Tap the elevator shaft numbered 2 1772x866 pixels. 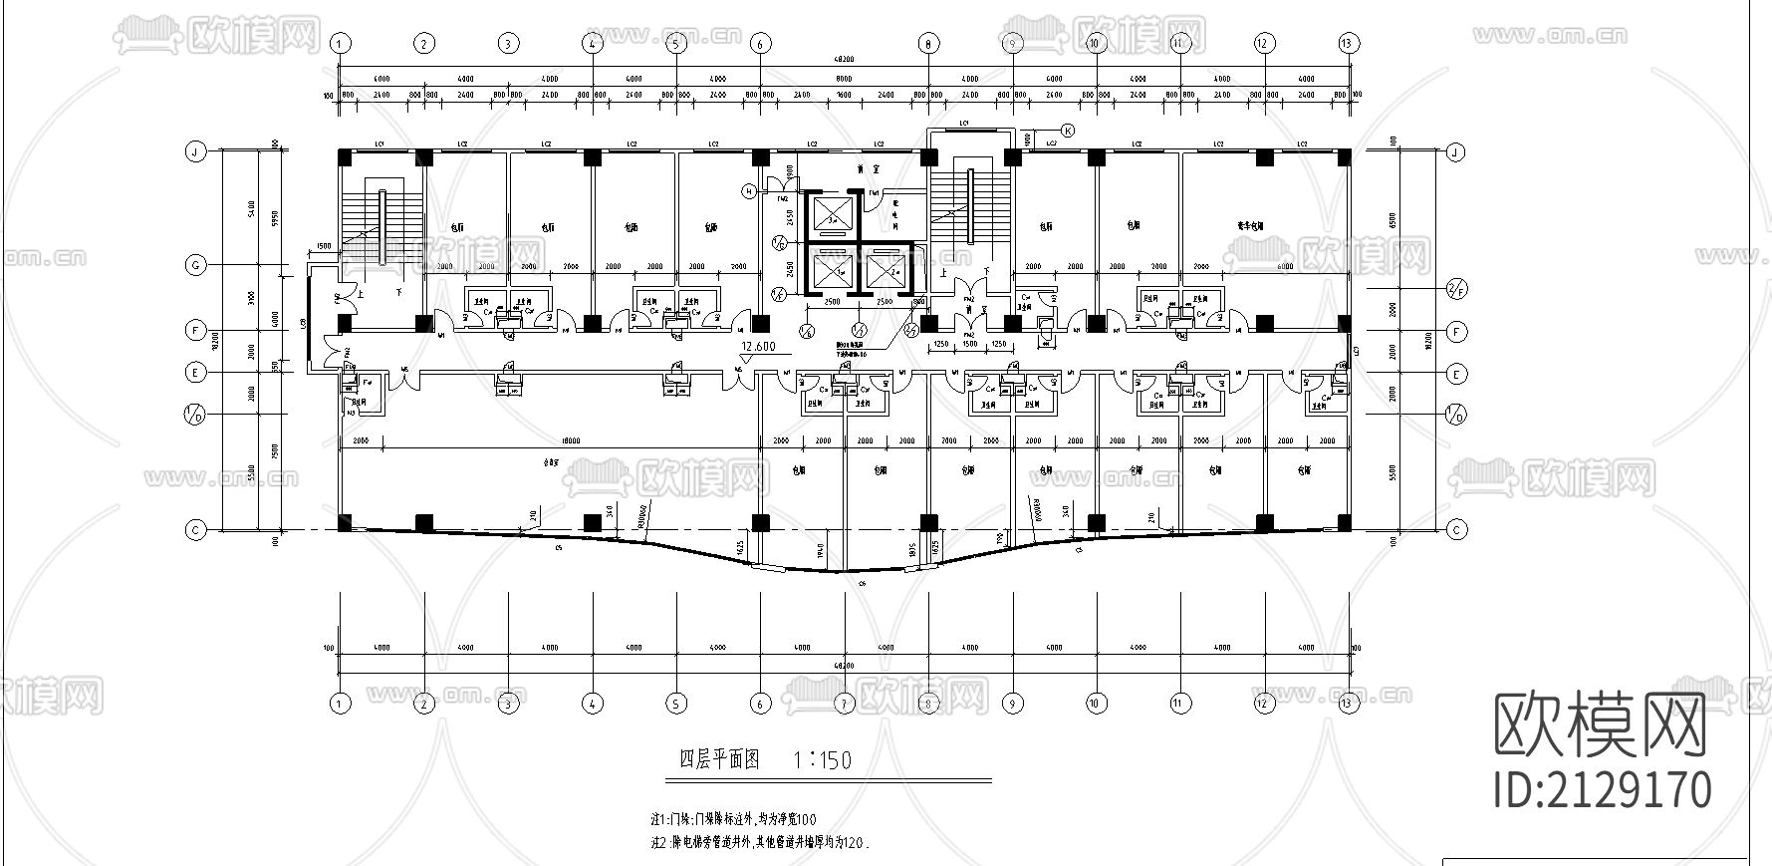click(885, 271)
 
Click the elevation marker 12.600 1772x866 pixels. click(758, 347)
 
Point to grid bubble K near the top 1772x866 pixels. click(1067, 131)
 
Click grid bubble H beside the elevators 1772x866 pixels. click(750, 190)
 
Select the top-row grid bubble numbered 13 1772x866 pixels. click(1349, 43)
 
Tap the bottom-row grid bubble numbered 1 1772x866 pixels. click(341, 704)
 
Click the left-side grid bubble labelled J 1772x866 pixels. click(195, 152)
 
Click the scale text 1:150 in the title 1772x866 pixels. click(823, 760)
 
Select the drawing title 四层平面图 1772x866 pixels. click(718, 759)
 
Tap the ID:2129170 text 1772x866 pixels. click(1604, 789)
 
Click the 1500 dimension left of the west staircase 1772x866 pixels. click(324, 246)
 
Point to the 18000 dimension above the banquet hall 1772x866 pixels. click(571, 439)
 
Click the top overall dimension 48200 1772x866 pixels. click(845, 61)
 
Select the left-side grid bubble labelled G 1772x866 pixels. click(195, 265)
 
